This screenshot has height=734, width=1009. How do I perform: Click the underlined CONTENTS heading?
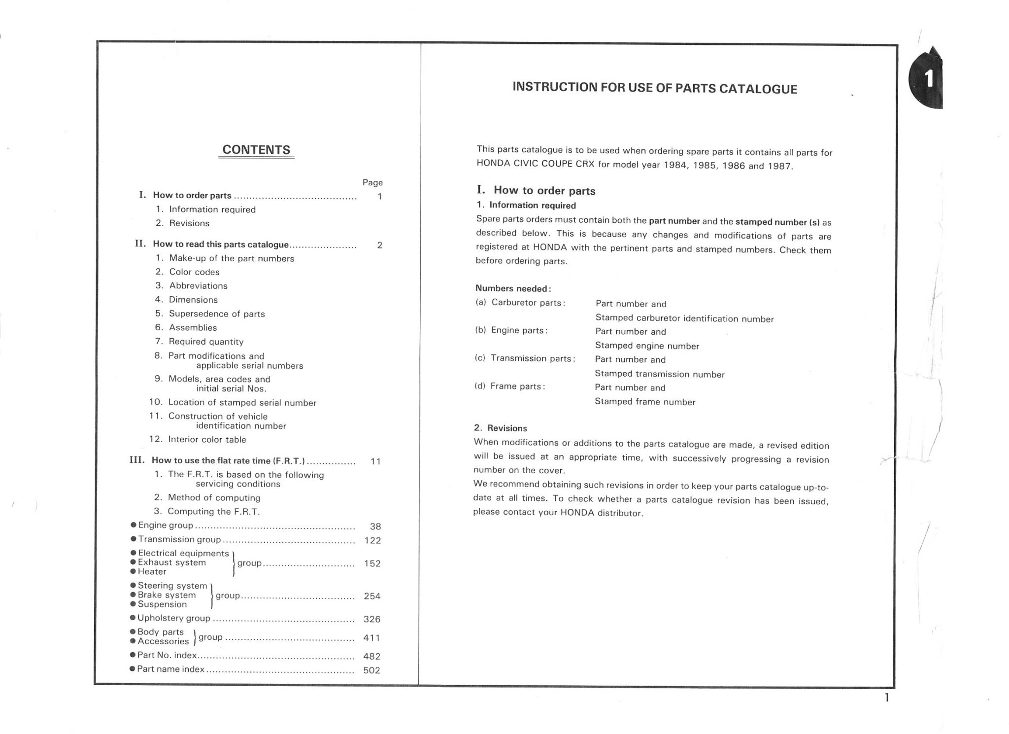(256, 150)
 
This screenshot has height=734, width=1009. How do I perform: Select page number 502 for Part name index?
(371, 670)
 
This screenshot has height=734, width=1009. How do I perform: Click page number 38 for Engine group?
(375, 526)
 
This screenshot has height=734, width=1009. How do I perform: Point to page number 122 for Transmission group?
(372, 540)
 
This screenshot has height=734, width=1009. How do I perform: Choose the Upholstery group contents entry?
(173, 618)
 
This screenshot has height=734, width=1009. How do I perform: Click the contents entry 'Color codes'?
(194, 272)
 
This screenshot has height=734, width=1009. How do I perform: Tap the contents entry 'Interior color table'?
(207, 439)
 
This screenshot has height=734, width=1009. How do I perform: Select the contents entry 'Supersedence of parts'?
(217, 314)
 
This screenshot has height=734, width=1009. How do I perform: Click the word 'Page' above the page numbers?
(372, 182)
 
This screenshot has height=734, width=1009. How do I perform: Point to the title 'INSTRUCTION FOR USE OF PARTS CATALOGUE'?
(655, 88)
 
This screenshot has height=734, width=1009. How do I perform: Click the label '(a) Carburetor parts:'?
(520, 303)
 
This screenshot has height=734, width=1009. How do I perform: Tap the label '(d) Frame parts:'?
(509, 386)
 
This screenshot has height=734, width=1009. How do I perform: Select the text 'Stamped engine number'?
(647, 346)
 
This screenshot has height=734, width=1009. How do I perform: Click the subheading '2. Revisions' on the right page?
(500, 428)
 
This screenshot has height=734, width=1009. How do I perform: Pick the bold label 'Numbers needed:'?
(513, 288)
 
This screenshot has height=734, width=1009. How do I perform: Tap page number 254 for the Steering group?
(372, 596)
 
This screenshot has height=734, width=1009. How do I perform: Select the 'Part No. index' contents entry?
(167, 655)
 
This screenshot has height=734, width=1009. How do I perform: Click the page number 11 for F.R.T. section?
(375, 461)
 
